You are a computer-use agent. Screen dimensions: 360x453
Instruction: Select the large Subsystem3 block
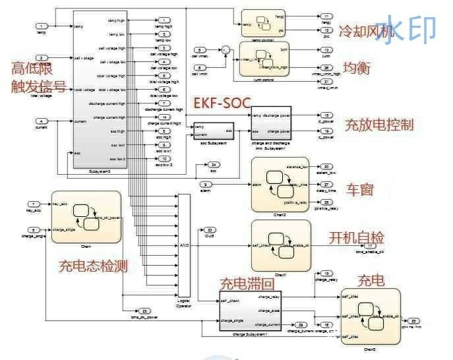[x=102, y=92]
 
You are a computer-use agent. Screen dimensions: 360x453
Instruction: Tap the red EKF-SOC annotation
[x=221, y=104]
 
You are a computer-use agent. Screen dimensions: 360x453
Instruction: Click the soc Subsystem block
[x=213, y=130]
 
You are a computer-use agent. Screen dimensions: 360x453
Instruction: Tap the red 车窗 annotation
[x=360, y=189]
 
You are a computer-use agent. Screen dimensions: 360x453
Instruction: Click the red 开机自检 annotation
[x=357, y=237]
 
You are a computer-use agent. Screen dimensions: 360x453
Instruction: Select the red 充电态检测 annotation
[x=93, y=266]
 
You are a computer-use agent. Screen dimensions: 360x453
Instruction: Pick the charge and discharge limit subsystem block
[x=272, y=123]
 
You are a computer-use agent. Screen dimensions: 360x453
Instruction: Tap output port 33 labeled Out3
[x=210, y=229]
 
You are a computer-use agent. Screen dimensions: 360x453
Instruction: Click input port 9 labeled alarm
[x=206, y=184]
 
